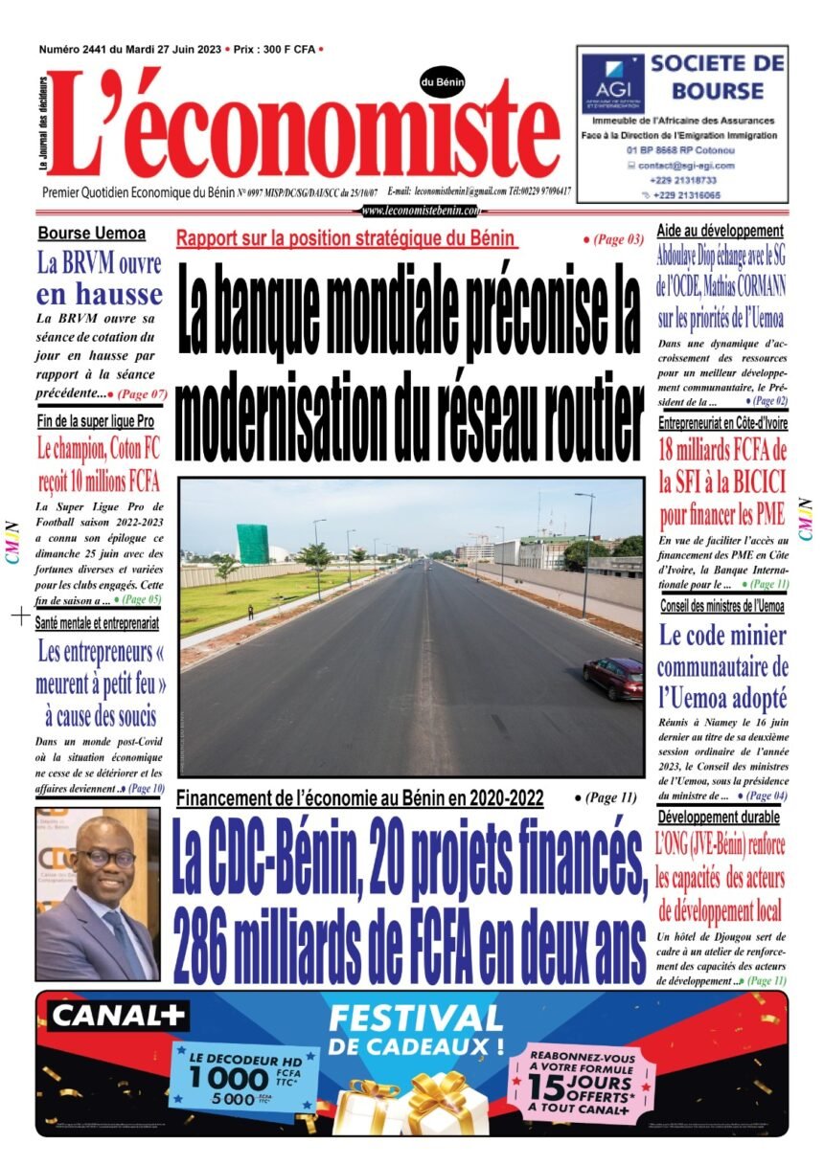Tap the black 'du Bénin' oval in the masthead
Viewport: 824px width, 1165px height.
pyautogui.click(x=442, y=83)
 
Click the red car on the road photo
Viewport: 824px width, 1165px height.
pyautogui.click(x=613, y=678)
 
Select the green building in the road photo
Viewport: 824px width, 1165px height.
pyautogui.click(x=253, y=544)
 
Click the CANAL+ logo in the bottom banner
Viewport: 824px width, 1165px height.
pyautogui.click(x=120, y=1016)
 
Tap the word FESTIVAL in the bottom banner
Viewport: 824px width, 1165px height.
pyautogui.click(x=414, y=1018)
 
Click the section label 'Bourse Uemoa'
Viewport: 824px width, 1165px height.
pyautogui.click(x=92, y=233)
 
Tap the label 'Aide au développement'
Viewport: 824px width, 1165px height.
pyautogui.click(x=720, y=231)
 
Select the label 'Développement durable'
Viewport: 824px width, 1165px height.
pyautogui.click(x=718, y=818)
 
